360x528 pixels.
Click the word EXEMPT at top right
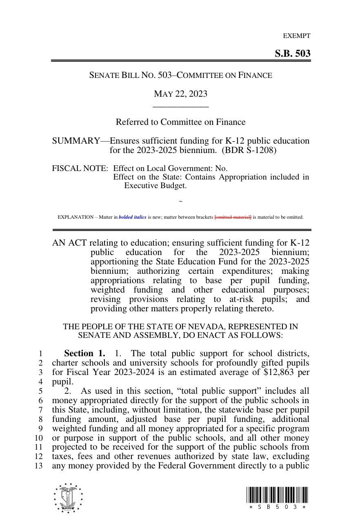297,36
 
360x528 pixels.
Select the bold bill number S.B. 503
292,53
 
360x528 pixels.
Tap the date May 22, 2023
180,94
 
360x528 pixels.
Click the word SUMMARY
76,141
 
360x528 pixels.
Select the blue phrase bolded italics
132,217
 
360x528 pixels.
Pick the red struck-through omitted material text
233,217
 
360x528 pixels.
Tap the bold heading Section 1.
84,353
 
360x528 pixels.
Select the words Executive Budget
155,186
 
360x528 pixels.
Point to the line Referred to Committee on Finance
180,122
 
